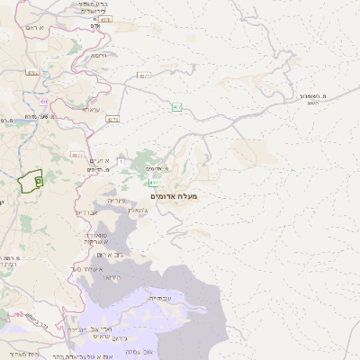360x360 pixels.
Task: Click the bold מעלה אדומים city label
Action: pos(181,195)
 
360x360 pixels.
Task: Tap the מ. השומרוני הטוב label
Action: pos(319,99)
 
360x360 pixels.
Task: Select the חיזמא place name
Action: pos(98,55)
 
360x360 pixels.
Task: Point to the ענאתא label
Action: pos(90,110)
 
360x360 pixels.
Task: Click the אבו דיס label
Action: pos(87,212)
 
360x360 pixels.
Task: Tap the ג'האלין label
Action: pos(131,210)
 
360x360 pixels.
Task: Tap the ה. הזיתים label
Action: pos(94,169)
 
